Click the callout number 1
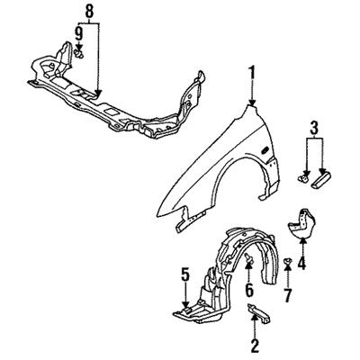point(252,74)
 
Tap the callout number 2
point(255,346)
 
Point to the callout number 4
point(301,263)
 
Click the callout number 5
point(185,275)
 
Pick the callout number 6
point(249,290)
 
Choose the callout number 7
point(287,295)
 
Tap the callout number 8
point(89,12)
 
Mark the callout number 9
point(78,33)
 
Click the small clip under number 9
point(79,54)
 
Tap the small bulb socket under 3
point(303,179)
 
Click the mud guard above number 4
point(301,223)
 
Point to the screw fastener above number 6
point(248,258)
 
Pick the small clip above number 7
point(287,261)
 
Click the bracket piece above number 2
point(258,314)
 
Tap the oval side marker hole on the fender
point(265,151)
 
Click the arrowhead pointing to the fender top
point(252,102)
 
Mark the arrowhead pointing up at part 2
point(255,319)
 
